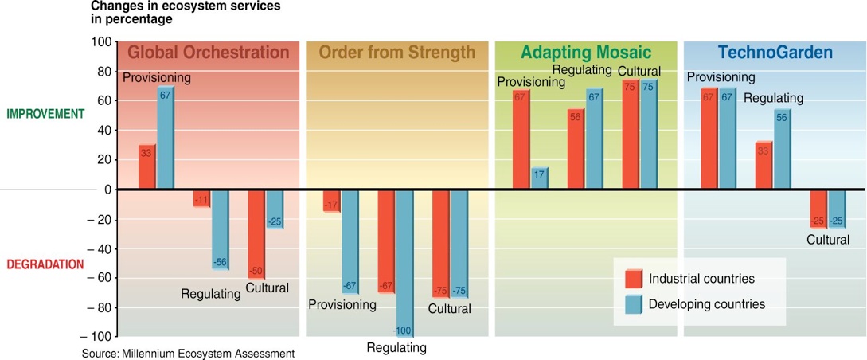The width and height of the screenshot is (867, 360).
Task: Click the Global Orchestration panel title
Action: pyautogui.click(x=209, y=53)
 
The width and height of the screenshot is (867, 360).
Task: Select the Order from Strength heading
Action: pyautogui.click(x=396, y=53)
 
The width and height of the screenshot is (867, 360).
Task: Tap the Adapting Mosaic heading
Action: pyautogui.click(x=586, y=53)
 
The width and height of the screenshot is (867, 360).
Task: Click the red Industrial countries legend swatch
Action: pyautogui.click(x=633, y=279)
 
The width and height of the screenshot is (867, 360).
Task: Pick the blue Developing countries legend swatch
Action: pyautogui.click(x=633, y=304)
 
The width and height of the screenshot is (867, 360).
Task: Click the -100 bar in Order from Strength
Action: pyautogui.click(x=404, y=263)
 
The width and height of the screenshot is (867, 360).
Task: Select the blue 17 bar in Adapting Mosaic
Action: pyautogui.click(x=539, y=178)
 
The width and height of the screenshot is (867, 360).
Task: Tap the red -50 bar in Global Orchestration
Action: pyautogui.click(x=256, y=232)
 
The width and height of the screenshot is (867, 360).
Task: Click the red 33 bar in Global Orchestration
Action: pyautogui.click(x=146, y=167)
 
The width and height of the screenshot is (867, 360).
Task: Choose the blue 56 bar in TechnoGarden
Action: pyautogui.click(x=782, y=150)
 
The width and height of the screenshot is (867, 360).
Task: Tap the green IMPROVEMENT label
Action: pyautogui.click(x=45, y=114)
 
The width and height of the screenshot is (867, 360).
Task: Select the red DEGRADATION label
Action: pyautogui.click(x=45, y=264)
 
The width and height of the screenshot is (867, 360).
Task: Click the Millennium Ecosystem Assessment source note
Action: pyautogui.click(x=188, y=353)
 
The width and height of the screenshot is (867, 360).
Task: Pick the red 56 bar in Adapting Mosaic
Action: pyautogui.click(x=576, y=151)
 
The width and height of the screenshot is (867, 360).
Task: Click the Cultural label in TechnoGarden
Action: pyautogui.click(x=827, y=240)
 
